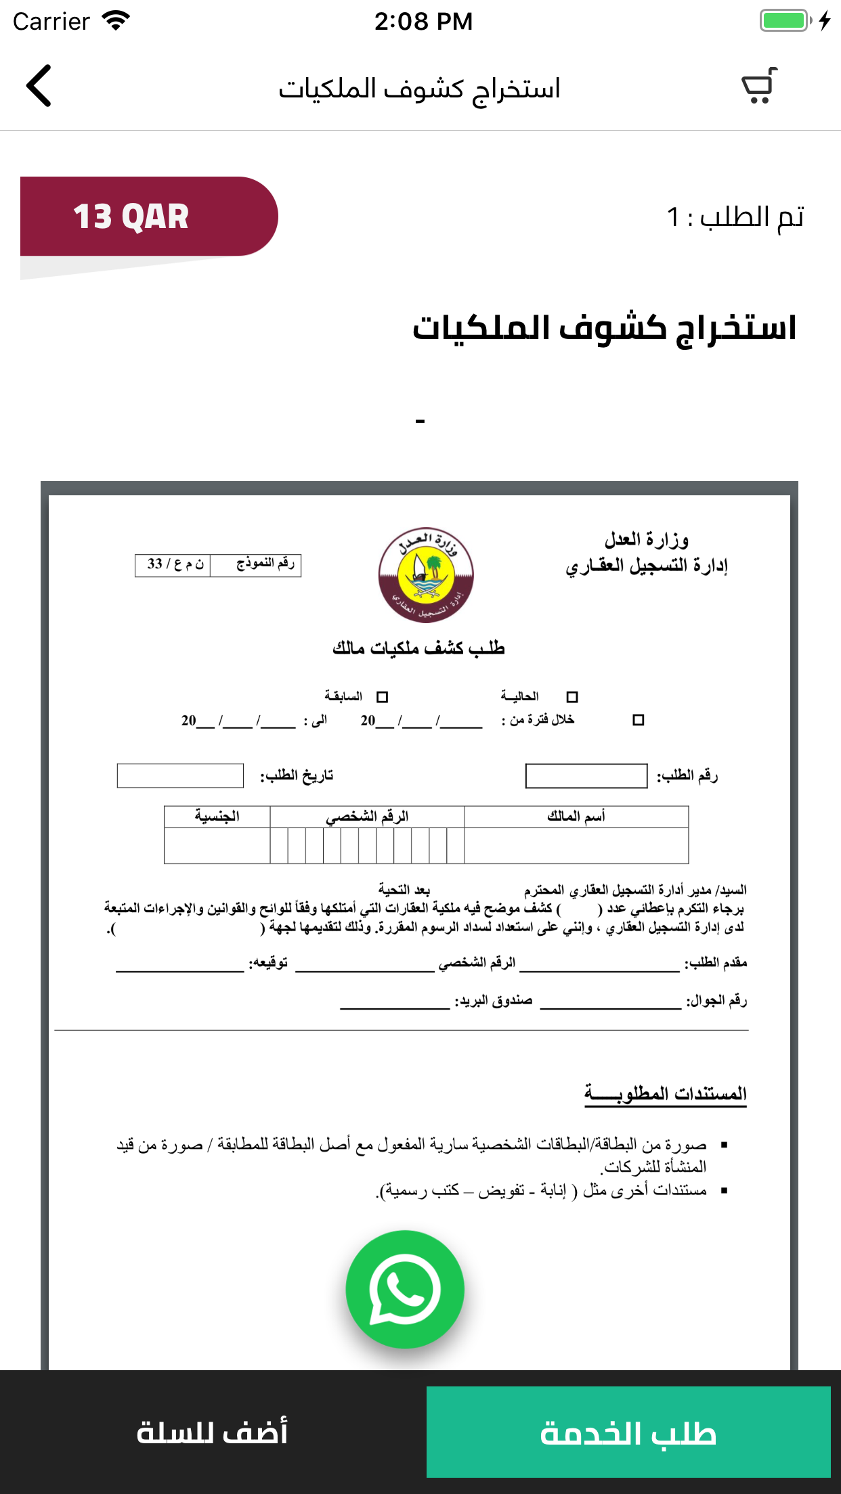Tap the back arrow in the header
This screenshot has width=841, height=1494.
coord(39,86)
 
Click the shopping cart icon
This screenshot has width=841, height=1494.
coord(759,87)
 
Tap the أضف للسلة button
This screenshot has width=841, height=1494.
coord(213,1432)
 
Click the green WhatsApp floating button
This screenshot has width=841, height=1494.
coord(405,1289)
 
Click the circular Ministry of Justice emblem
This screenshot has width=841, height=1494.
coord(426,575)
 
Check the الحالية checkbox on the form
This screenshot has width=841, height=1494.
coord(572,697)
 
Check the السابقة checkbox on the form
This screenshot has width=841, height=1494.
coord(383,697)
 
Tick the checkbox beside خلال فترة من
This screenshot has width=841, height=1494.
coord(638,720)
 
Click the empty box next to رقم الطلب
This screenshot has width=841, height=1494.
coord(586,776)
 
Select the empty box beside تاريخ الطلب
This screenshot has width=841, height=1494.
coord(180,776)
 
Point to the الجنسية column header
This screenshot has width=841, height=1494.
coord(217,817)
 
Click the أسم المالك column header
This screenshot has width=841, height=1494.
coord(576,817)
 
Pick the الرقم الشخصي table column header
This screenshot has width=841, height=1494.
coord(367,817)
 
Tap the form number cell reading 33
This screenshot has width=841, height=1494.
coord(173,564)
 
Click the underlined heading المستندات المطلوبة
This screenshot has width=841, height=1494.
coord(666,1093)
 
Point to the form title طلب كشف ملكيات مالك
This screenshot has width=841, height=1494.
coord(418,648)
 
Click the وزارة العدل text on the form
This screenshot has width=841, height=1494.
coord(647,540)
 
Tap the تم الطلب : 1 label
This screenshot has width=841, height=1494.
coord(735,217)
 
